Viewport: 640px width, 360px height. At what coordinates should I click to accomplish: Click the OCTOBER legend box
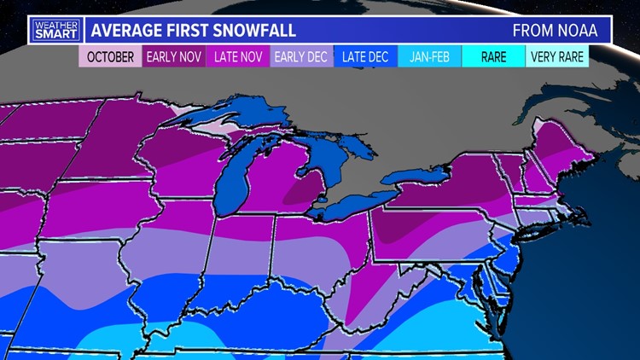pyautogui.click(x=109, y=57)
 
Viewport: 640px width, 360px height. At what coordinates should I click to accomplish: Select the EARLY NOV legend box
pyautogui.click(x=174, y=57)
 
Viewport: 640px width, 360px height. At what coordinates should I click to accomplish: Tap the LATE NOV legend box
pyautogui.click(x=238, y=57)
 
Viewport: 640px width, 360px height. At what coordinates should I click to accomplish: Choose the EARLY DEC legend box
pyautogui.click(x=302, y=57)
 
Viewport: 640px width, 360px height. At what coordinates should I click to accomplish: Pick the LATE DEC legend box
pyautogui.click(x=366, y=57)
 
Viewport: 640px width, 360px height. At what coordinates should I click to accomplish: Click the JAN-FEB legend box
pyautogui.click(x=430, y=57)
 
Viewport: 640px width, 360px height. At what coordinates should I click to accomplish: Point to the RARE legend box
pyautogui.click(x=493, y=57)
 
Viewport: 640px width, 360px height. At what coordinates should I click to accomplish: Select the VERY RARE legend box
pyautogui.click(x=557, y=57)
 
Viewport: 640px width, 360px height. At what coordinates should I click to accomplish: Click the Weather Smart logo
pyautogui.click(x=54, y=30)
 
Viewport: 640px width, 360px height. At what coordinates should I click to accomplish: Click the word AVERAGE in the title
pyautogui.click(x=125, y=31)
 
